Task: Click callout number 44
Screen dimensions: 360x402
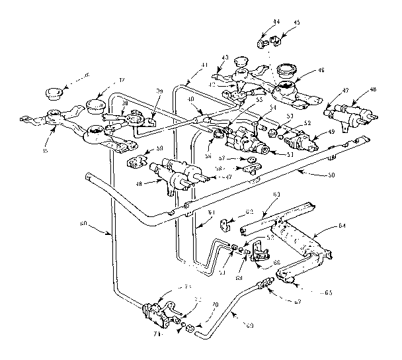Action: tap(276, 21)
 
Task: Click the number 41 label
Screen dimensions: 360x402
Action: tap(205, 65)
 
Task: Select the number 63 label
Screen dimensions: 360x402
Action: tap(275, 193)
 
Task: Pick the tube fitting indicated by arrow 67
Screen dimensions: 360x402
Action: tap(266, 285)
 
